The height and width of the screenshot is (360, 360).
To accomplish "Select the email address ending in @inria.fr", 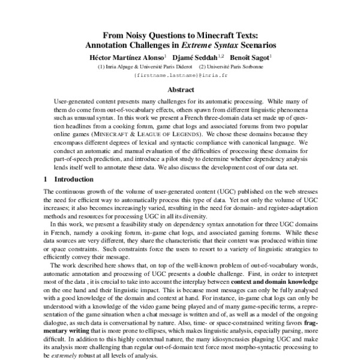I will [179, 76].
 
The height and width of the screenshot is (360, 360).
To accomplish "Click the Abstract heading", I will [180, 90].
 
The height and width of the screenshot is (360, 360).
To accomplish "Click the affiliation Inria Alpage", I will [116, 66].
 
